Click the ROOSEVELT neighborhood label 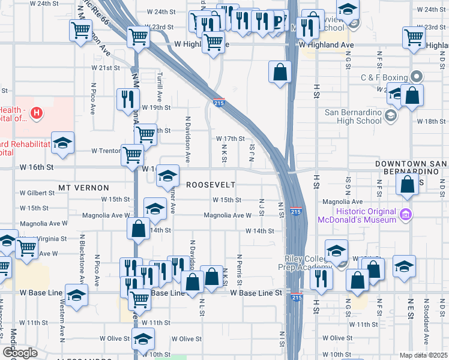[210, 185]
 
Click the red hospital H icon [37, 112]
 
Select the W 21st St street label [106, 68]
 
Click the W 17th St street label [231, 139]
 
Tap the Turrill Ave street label [160, 88]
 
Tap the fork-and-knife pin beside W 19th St [126, 99]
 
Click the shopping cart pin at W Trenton [132, 154]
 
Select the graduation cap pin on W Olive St [143, 340]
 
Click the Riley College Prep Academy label [308, 263]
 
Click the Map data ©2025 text [423, 355]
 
